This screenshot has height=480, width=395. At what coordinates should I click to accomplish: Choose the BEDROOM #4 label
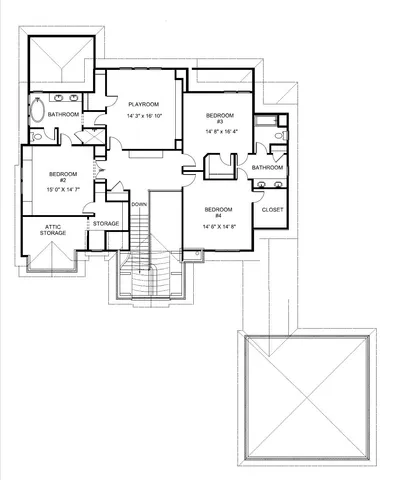pyautogui.click(x=217, y=212)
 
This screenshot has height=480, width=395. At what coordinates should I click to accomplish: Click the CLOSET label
pyautogui.click(x=271, y=211)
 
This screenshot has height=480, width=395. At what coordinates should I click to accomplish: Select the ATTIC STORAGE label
pyautogui.click(x=53, y=229)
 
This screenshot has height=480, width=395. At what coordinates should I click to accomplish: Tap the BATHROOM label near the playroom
pyautogui.click(x=63, y=114)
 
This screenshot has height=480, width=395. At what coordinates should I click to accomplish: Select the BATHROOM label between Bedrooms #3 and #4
pyautogui.click(x=267, y=167)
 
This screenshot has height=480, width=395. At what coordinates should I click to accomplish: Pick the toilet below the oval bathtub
pyautogui.click(x=36, y=138)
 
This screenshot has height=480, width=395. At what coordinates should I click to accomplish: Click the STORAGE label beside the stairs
pyautogui.click(x=107, y=224)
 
